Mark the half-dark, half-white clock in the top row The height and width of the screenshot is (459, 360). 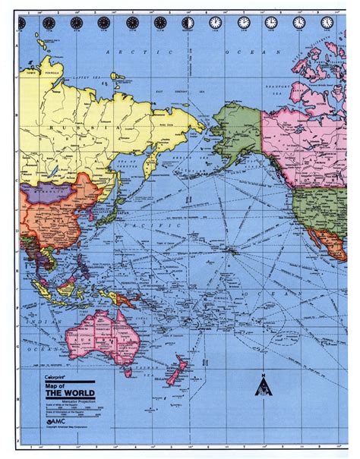click(x=188, y=23)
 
